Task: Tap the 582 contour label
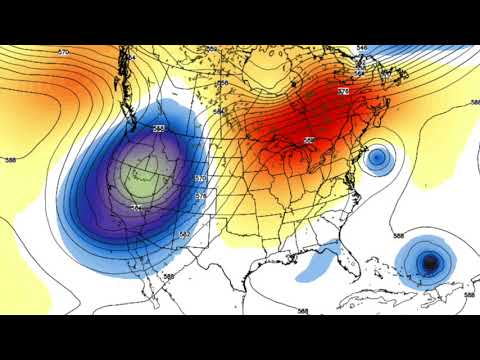point(184,234)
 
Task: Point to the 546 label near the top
point(361,47)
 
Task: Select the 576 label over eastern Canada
point(343,91)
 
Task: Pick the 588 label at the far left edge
point(10,159)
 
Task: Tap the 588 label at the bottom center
point(302,311)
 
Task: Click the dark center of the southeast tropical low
point(430,263)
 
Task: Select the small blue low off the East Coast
point(377,157)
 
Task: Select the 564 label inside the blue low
point(137,207)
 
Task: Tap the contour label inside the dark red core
point(308,139)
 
